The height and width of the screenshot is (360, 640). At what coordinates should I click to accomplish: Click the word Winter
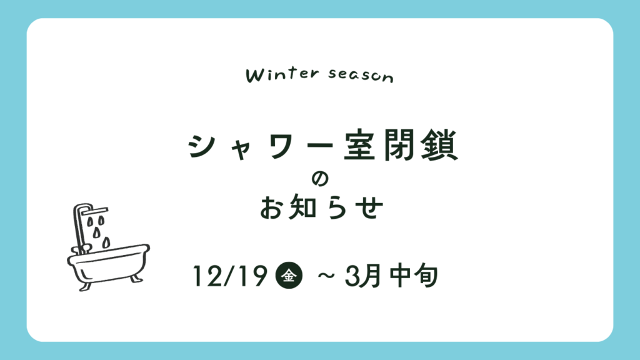282,75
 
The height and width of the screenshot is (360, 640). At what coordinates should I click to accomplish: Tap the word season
361,76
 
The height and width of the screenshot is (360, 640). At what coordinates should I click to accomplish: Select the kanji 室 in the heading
359,145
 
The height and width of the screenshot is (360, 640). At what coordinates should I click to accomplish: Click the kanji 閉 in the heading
399,145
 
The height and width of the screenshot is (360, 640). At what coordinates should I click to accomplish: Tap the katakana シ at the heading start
201,146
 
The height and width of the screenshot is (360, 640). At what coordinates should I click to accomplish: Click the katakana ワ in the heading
282,146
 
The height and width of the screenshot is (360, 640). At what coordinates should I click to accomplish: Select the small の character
319,179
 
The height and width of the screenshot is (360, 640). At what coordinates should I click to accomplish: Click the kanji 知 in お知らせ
302,207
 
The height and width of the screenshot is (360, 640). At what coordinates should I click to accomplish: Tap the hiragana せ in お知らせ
369,207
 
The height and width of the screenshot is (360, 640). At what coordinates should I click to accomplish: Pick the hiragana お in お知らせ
272,207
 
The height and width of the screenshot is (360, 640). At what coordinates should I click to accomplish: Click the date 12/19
230,276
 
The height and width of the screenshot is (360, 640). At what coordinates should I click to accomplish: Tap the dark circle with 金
289,276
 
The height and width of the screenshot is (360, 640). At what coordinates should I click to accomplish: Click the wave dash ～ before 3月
326,276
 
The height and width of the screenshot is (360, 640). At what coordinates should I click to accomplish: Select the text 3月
363,276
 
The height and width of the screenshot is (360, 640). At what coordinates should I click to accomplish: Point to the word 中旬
414,276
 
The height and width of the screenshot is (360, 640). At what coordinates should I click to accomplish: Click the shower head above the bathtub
94,211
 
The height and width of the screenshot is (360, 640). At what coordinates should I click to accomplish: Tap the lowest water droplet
106,242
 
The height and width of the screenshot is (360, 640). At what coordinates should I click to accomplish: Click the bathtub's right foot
136,278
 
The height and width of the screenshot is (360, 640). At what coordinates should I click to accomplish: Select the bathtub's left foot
85,286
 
